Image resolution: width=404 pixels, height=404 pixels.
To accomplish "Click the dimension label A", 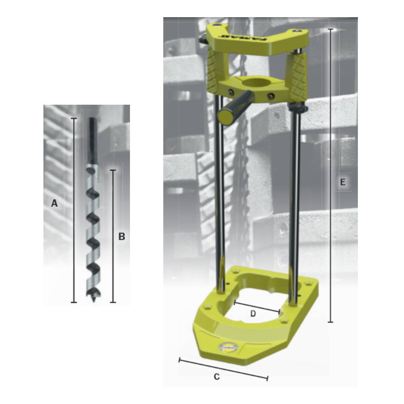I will coord(54,203).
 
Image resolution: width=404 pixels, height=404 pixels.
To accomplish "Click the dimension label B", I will coord(122,237).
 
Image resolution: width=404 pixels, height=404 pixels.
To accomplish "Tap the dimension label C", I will coord(217,377).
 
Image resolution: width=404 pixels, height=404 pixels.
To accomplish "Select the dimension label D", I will coord(253,314).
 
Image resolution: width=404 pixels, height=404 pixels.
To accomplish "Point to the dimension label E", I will coord(343,182).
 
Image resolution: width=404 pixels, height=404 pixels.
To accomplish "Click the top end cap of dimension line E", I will coord(331,30).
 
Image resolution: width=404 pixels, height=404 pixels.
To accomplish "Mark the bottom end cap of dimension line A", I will coord(74,302).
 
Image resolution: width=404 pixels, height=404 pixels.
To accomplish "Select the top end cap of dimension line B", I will coord(113,171).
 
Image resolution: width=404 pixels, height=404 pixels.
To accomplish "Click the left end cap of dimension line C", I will coord(179,360).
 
